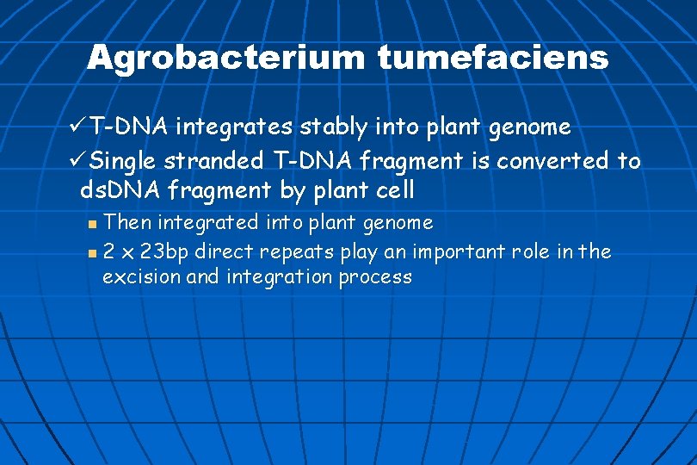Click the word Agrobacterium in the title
(226, 59)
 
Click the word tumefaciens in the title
(492, 59)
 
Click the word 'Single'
(124, 161)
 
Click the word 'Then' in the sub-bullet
(126, 222)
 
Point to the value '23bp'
(167, 251)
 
